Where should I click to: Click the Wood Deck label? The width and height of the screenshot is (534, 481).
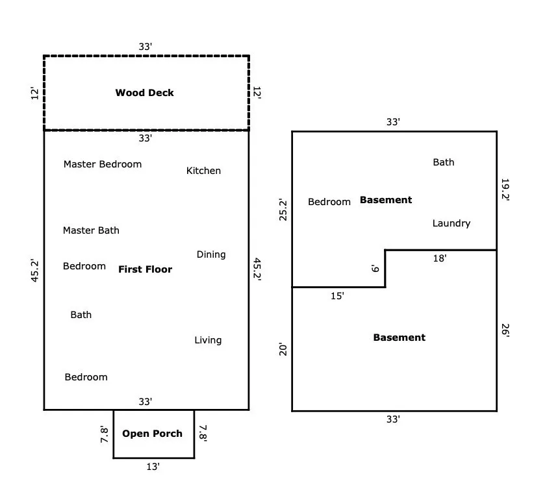[144, 93]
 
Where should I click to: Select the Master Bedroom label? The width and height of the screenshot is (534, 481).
[102, 164]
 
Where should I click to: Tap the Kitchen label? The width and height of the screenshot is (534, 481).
[203, 171]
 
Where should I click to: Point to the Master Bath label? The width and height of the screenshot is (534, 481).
[91, 230]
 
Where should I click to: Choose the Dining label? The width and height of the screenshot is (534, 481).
[211, 254]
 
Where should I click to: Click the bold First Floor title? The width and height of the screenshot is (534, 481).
[145, 269]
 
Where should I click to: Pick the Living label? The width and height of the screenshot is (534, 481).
[208, 340]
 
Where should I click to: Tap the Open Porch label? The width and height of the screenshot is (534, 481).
[152, 434]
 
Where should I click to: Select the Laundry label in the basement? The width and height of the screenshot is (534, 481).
[451, 223]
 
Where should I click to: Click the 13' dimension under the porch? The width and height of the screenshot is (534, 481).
[153, 467]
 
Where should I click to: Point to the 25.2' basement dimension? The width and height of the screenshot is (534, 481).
[283, 210]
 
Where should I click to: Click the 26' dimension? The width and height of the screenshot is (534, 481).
[505, 330]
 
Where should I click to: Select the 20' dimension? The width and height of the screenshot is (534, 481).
[283, 350]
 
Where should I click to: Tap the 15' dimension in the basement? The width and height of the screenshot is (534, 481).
[337, 296]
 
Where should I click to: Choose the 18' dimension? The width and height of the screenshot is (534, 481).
[440, 258]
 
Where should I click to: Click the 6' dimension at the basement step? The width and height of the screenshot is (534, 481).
[375, 268]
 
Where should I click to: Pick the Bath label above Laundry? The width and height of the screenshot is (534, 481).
[444, 162]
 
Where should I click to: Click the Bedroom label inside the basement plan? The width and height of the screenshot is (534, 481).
[329, 202]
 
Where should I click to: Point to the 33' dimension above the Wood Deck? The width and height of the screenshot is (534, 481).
[146, 47]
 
